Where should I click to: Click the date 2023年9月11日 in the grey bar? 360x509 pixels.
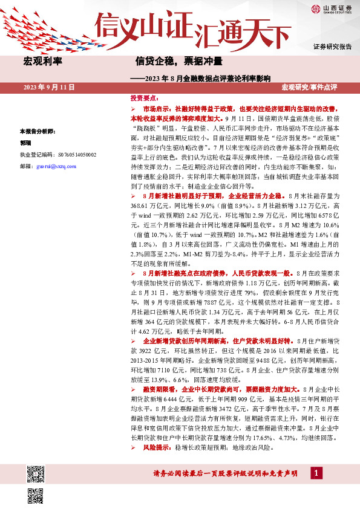[x=48, y=88]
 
